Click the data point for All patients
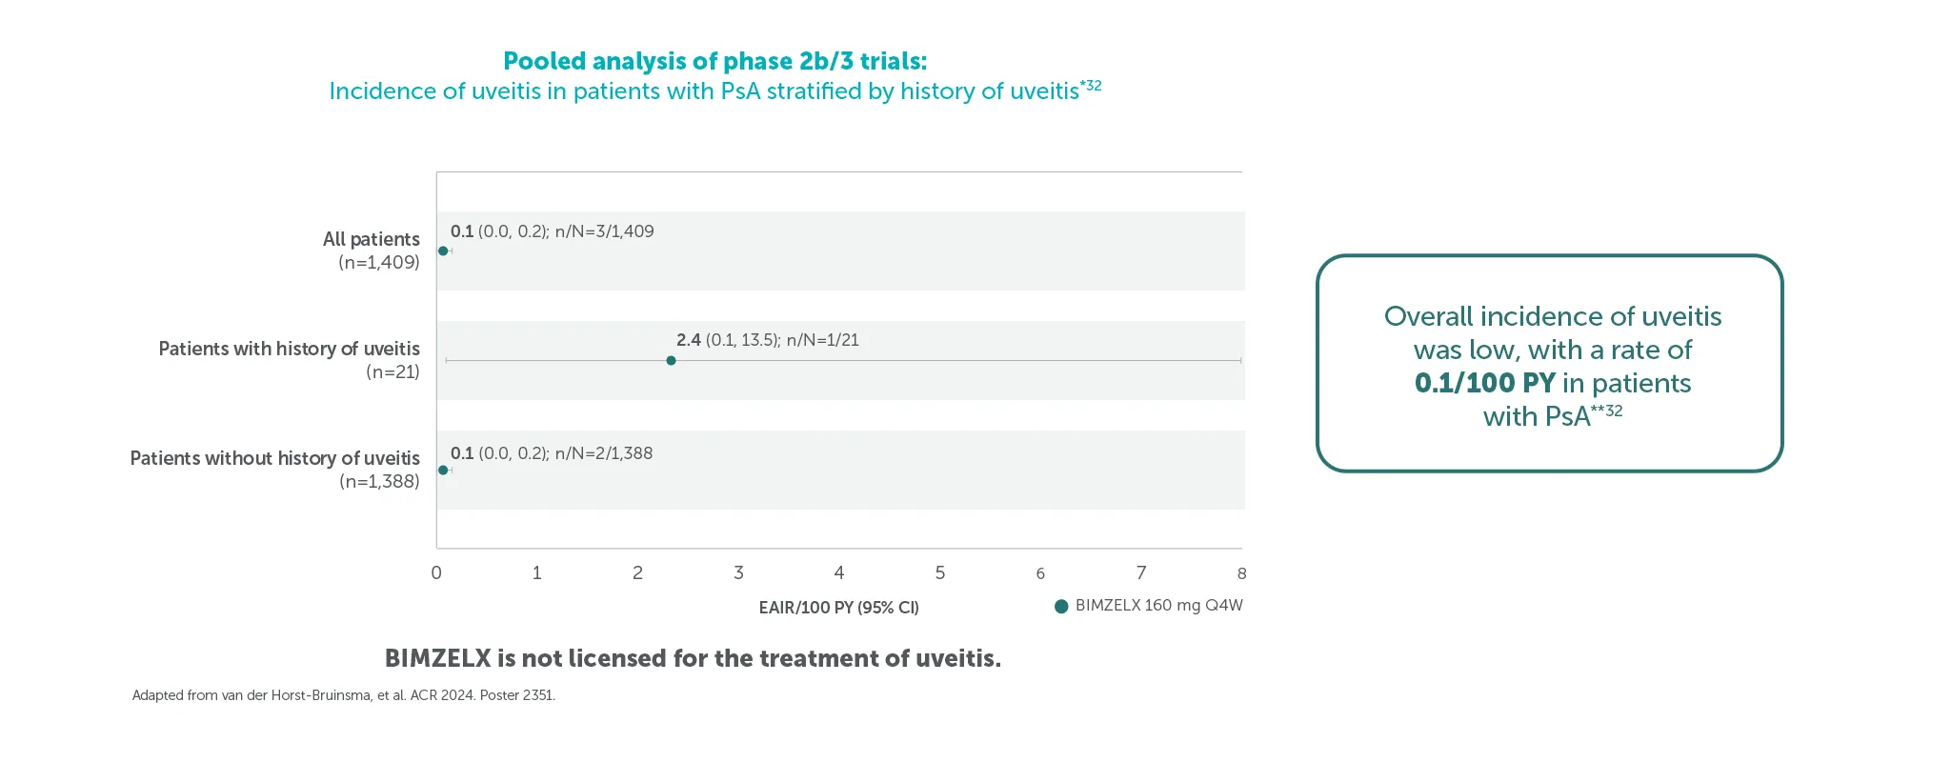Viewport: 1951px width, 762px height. click(x=443, y=251)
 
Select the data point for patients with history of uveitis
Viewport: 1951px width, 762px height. click(x=672, y=361)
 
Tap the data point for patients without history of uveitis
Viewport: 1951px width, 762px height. click(x=443, y=471)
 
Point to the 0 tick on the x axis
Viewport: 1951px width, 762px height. click(x=436, y=573)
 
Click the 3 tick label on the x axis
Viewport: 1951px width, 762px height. click(x=738, y=573)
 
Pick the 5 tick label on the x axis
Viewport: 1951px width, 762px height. click(x=940, y=573)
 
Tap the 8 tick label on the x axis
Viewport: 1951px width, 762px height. click(x=1241, y=573)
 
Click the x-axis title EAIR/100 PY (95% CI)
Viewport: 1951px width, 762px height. click(x=838, y=608)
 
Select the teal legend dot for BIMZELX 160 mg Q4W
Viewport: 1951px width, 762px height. click(x=1061, y=607)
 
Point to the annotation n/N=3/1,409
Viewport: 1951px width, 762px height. click(x=604, y=231)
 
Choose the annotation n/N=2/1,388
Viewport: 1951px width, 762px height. click(x=603, y=453)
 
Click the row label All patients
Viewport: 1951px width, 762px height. click(x=371, y=239)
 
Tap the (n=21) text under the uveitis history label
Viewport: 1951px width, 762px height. click(x=392, y=372)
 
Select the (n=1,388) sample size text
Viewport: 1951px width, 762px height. click(x=379, y=482)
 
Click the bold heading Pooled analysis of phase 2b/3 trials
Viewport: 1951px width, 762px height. click(x=714, y=62)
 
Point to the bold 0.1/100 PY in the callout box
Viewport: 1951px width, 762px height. click(x=1484, y=383)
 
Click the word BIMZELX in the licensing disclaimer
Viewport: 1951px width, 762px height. click(x=437, y=658)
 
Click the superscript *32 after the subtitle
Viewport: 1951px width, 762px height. click(x=1091, y=86)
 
